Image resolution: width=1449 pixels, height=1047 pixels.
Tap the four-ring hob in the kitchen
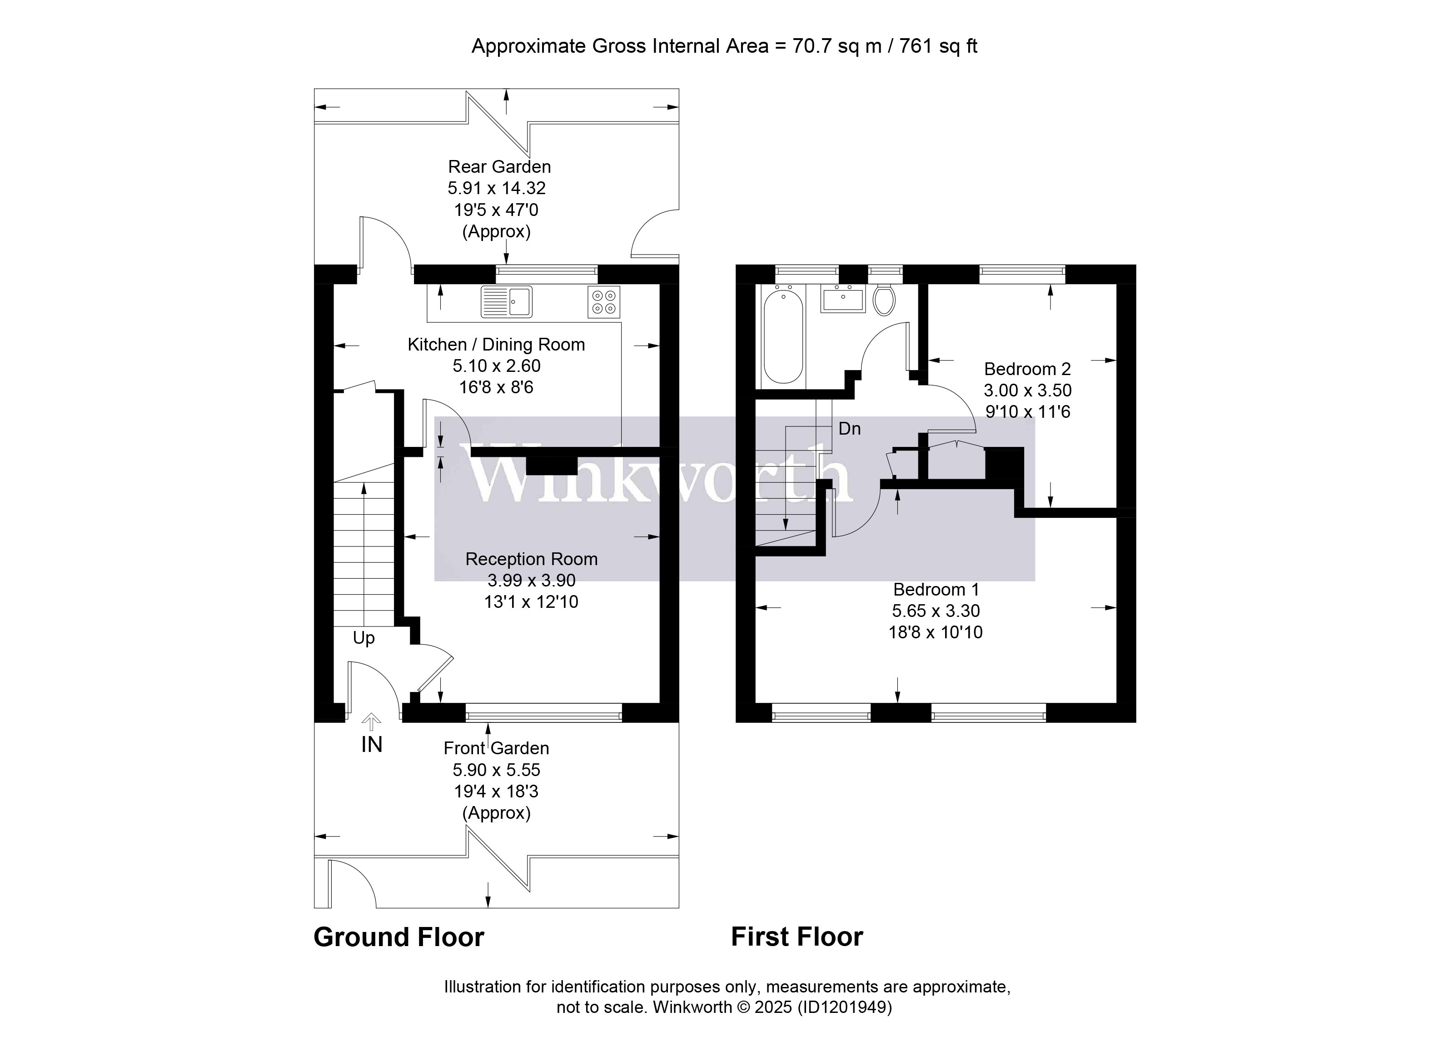tap(604, 302)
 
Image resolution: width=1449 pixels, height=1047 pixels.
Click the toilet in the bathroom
tap(884, 299)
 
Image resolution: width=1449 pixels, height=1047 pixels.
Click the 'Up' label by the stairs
tap(363, 638)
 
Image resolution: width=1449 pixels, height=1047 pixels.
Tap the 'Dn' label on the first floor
tap(849, 428)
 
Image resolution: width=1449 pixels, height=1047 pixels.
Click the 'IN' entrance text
tap(371, 745)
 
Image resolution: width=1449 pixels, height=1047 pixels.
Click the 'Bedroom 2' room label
tap(1027, 369)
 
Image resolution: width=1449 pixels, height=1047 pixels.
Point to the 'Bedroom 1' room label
tap(936, 589)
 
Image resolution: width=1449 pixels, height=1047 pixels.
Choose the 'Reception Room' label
tap(531, 559)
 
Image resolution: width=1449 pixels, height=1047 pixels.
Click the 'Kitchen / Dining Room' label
tap(496, 345)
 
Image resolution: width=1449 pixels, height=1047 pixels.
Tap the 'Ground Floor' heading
tap(398, 937)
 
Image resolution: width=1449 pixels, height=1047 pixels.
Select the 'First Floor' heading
tap(797, 937)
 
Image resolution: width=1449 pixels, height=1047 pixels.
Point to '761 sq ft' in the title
tap(938, 46)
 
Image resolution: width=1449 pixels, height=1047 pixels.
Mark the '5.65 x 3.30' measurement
tap(936, 611)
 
